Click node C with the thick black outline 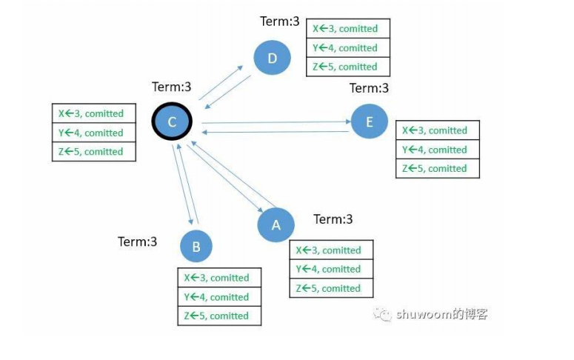point(172,122)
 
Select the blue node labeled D point(272,57)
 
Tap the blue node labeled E point(370,121)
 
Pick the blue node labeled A point(276,224)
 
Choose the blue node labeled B point(196,247)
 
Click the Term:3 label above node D point(280,21)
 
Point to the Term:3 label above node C point(172,87)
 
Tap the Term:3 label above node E point(369,88)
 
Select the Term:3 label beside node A point(333,219)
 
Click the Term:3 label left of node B point(138,241)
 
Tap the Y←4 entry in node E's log point(437,150)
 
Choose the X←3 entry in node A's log point(330,250)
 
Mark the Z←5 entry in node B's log point(218,316)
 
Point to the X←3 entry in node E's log point(437,130)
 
